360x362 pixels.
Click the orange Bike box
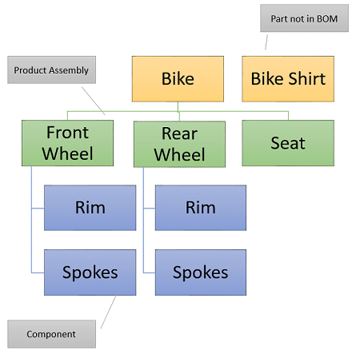pyautogui.click(x=178, y=79)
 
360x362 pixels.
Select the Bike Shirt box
pyautogui.click(x=288, y=79)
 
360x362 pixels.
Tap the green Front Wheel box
pyautogui.click(x=67, y=143)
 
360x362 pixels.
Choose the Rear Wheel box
pyautogui.click(x=179, y=144)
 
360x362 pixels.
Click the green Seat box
pyautogui.click(x=288, y=143)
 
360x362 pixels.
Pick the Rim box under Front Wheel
pyautogui.click(x=90, y=208)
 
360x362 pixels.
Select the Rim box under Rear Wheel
pyautogui.click(x=201, y=208)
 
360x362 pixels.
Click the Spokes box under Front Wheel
pyautogui.click(x=90, y=272)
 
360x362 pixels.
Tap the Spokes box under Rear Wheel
pyautogui.click(x=201, y=272)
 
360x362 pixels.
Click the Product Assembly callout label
pyautogui.click(x=51, y=70)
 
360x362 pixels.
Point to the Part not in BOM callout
pyautogui.click(x=304, y=18)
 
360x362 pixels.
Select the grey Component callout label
pyautogui.click(x=51, y=334)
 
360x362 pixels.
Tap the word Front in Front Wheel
pyautogui.click(x=67, y=133)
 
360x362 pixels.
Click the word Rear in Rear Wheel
pyautogui.click(x=179, y=133)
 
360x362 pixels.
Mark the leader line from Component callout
pyautogui.click(x=109, y=311)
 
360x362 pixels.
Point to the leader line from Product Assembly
pyautogui.click(x=94, y=101)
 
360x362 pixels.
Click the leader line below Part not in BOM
pyautogui.click(x=266, y=42)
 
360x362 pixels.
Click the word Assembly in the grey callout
pyautogui.click(x=69, y=70)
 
